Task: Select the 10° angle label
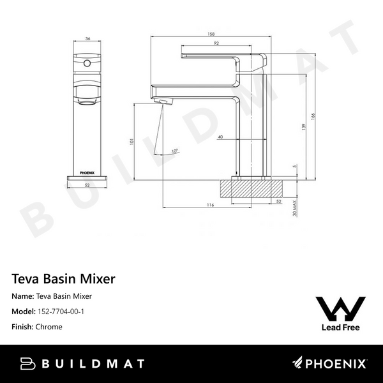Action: tap(175, 151)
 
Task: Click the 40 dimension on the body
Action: tap(220, 137)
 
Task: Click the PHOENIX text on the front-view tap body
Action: tap(86, 170)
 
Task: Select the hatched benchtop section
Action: tap(252, 188)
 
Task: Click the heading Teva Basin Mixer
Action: tap(63, 279)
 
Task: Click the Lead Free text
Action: tap(341, 327)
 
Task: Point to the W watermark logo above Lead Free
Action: tap(341, 308)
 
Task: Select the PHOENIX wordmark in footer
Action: tap(335, 364)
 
